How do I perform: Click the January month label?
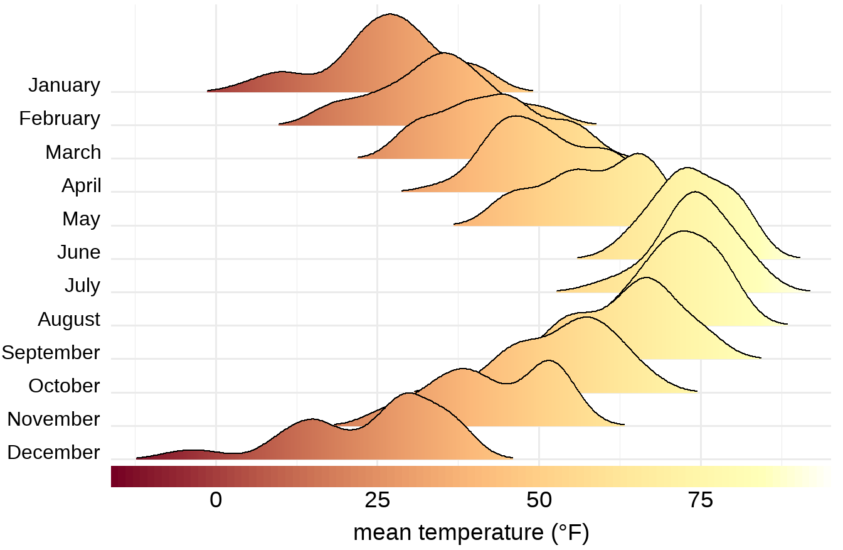tap(64, 85)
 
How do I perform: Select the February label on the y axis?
tap(60, 119)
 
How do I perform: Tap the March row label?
tap(73, 152)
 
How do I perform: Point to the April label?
tap(81, 186)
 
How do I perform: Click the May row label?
tap(81, 219)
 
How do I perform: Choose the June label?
tap(78, 252)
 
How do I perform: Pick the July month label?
tap(82, 286)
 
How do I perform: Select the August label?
tap(69, 319)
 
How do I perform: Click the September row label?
tap(51, 352)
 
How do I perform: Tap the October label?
tap(64, 386)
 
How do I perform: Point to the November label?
tap(53, 419)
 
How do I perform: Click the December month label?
tap(53, 452)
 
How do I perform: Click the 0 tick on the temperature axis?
tap(216, 501)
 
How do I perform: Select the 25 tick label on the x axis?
tap(377, 501)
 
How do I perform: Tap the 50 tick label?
tap(539, 501)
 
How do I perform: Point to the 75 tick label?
tap(700, 501)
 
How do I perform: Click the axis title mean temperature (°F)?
tap(471, 533)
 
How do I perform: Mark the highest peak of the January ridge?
tap(390, 14)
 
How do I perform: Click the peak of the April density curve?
tap(515, 116)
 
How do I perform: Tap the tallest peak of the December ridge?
tap(409, 393)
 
